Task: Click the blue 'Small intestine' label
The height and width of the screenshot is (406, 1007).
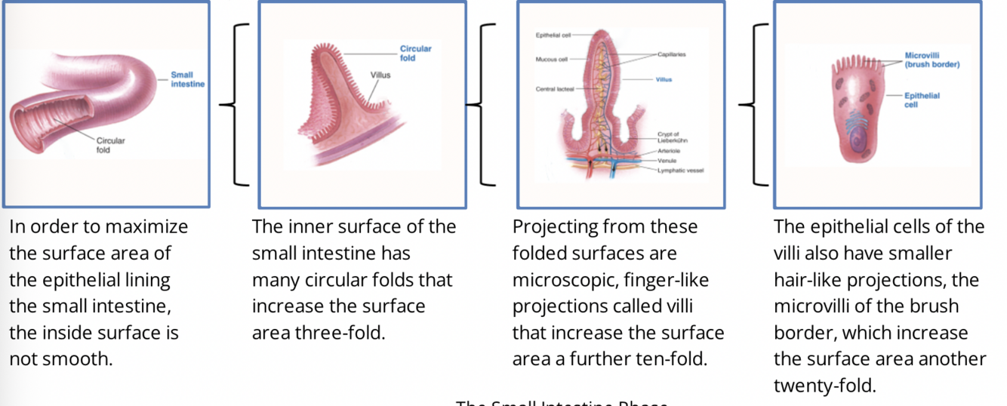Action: (182, 79)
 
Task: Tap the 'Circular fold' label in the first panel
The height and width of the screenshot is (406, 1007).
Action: (110, 145)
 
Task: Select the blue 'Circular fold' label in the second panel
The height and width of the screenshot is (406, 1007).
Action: (415, 54)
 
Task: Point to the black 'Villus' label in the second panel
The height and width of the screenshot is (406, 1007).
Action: (380, 75)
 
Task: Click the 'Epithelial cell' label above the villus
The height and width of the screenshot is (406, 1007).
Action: (553, 35)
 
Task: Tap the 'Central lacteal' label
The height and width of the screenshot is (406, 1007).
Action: (555, 89)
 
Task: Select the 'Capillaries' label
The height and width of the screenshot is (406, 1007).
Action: (671, 55)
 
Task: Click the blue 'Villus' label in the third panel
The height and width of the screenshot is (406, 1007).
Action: (664, 78)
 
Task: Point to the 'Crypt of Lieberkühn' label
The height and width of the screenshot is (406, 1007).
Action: (672, 137)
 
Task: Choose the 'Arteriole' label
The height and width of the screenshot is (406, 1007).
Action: (668, 151)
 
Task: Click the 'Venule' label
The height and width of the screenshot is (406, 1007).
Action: (667, 161)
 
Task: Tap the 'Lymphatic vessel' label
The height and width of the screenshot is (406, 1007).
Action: (680, 171)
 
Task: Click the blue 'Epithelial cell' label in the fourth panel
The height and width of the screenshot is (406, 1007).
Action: (922, 100)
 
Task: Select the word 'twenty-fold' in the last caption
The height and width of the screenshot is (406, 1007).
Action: (824, 386)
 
